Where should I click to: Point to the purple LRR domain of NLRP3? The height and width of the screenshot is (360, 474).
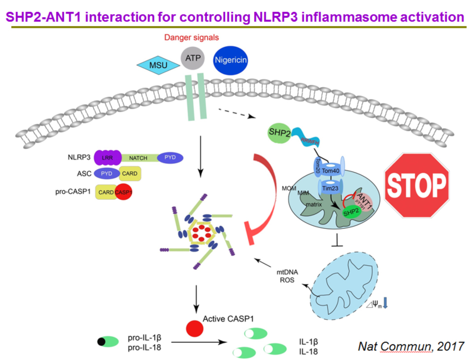click(x=107, y=158)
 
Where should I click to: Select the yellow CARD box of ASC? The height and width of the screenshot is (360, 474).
click(x=130, y=175)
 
